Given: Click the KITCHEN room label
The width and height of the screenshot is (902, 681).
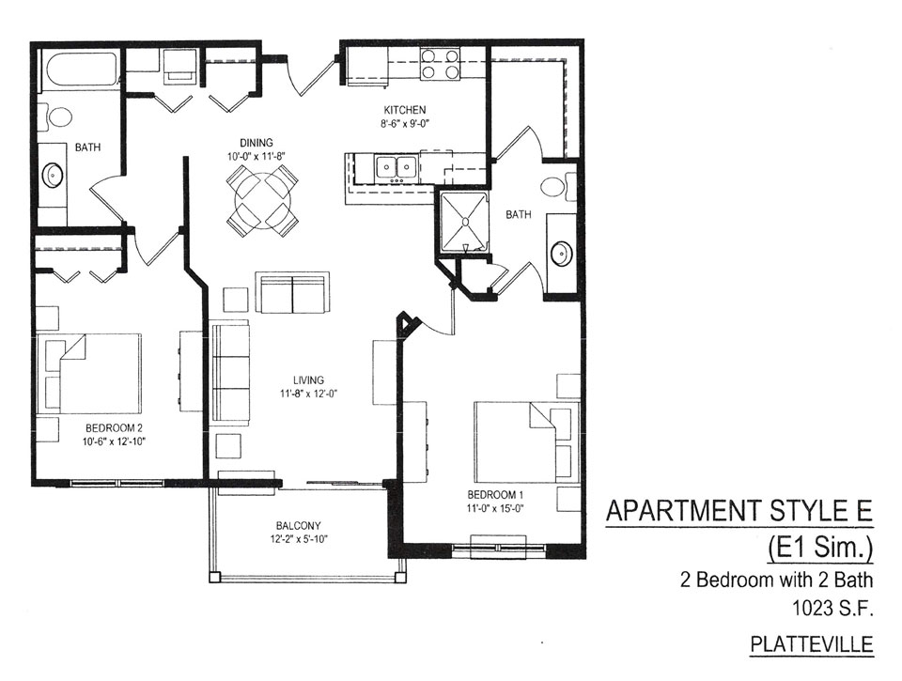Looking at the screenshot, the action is pyautogui.click(x=405, y=110).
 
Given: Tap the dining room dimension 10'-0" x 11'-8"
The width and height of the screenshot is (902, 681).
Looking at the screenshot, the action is pyautogui.click(x=257, y=157).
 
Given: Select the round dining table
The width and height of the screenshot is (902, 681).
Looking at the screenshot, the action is pyautogui.click(x=262, y=199).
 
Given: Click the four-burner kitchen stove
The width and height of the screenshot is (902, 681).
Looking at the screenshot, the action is pyautogui.click(x=440, y=63).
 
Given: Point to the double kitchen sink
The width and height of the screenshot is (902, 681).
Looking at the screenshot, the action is pyautogui.click(x=397, y=167).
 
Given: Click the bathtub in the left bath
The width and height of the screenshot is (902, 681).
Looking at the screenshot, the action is pyautogui.click(x=81, y=70).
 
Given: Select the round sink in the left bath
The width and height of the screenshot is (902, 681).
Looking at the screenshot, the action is pyautogui.click(x=53, y=175).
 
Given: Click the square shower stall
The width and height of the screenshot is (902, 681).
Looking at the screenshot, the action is pyautogui.click(x=463, y=223).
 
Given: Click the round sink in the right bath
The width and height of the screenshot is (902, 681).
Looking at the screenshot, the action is pyautogui.click(x=561, y=253).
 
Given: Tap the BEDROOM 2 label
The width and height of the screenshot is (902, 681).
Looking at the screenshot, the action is pyautogui.click(x=114, y=428).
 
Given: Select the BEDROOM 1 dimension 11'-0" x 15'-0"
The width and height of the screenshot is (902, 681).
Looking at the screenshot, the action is pyautogui.click(x=495, y=508).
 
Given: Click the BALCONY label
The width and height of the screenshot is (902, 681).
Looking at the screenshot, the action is pyautogui.click(x=298, y=525).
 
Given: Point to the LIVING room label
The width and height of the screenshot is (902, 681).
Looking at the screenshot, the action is pyautogui.click(x=308, y=380).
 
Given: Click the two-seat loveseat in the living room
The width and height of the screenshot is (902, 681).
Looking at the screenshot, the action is pyautogui.click(x=293, y=293).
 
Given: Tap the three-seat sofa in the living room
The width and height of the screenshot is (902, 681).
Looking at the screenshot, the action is pyautogui.click(x=231, y=376).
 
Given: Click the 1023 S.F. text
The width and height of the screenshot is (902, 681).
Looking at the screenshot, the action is pyautogui.click(x=833, y=608).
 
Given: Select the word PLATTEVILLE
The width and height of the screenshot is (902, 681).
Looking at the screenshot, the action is pyautogui.click(x=812, y=644).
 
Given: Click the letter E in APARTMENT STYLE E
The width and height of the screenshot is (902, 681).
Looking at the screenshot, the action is pyautogui.click(x=864, y=511).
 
